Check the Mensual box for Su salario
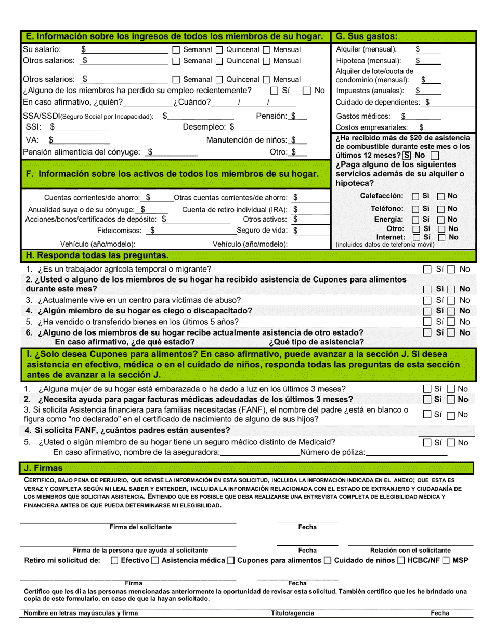[266, 50]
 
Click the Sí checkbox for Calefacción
[415, 197]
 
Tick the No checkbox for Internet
[440, 237]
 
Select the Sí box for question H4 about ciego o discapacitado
[427, 311]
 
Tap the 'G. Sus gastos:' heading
[367, 36]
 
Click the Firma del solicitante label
[140, 527]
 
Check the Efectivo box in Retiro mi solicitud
[115, 560]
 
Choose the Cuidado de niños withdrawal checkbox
[328, 560]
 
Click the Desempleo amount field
[257, 127]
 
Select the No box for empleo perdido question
[307, 91]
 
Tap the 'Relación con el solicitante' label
[410, 550]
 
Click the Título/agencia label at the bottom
[293, 613]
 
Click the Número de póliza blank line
[407, 453]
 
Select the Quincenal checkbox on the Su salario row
[219, 50]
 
